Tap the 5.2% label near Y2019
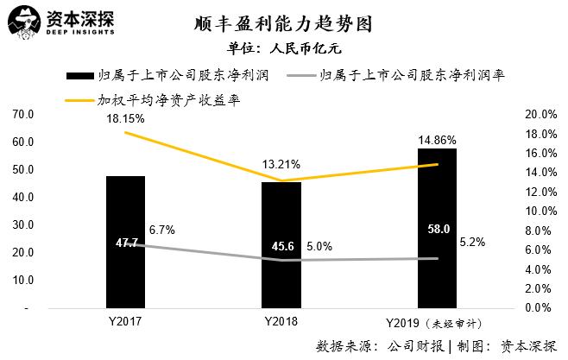pyautogui.click(x=471, y=243)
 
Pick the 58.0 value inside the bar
pyautogui.click(x=438, y=229)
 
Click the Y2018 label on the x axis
pyautogui.click(x=281, y=321)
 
